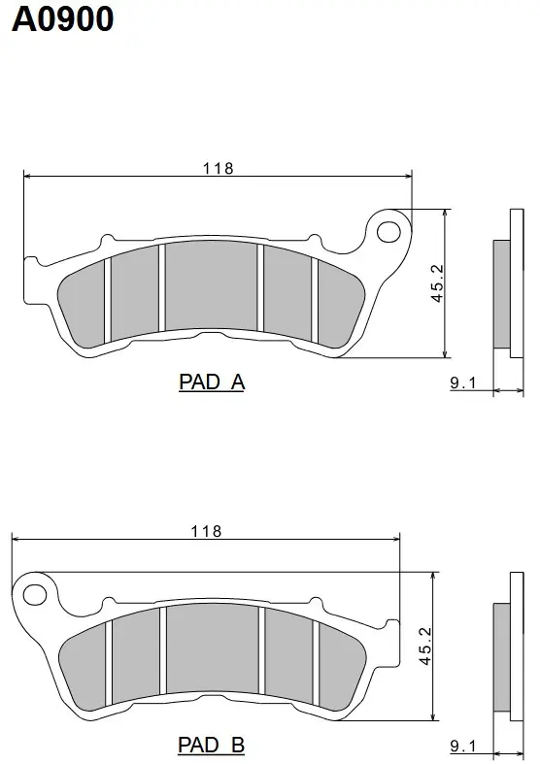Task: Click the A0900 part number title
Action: [x=62, y=19]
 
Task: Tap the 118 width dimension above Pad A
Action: [x=219, y=169]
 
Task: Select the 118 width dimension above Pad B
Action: [x=206, y=531]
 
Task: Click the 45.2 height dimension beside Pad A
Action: [x=438, y=283]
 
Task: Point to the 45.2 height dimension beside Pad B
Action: [x=425, y=647]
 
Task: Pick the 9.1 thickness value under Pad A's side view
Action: [x=462, y=383]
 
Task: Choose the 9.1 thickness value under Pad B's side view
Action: [x=462, y=746]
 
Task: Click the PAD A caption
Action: [x=212, y=382]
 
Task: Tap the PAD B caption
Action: [x=211, y=745]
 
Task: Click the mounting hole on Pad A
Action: [x=388, y=232]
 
